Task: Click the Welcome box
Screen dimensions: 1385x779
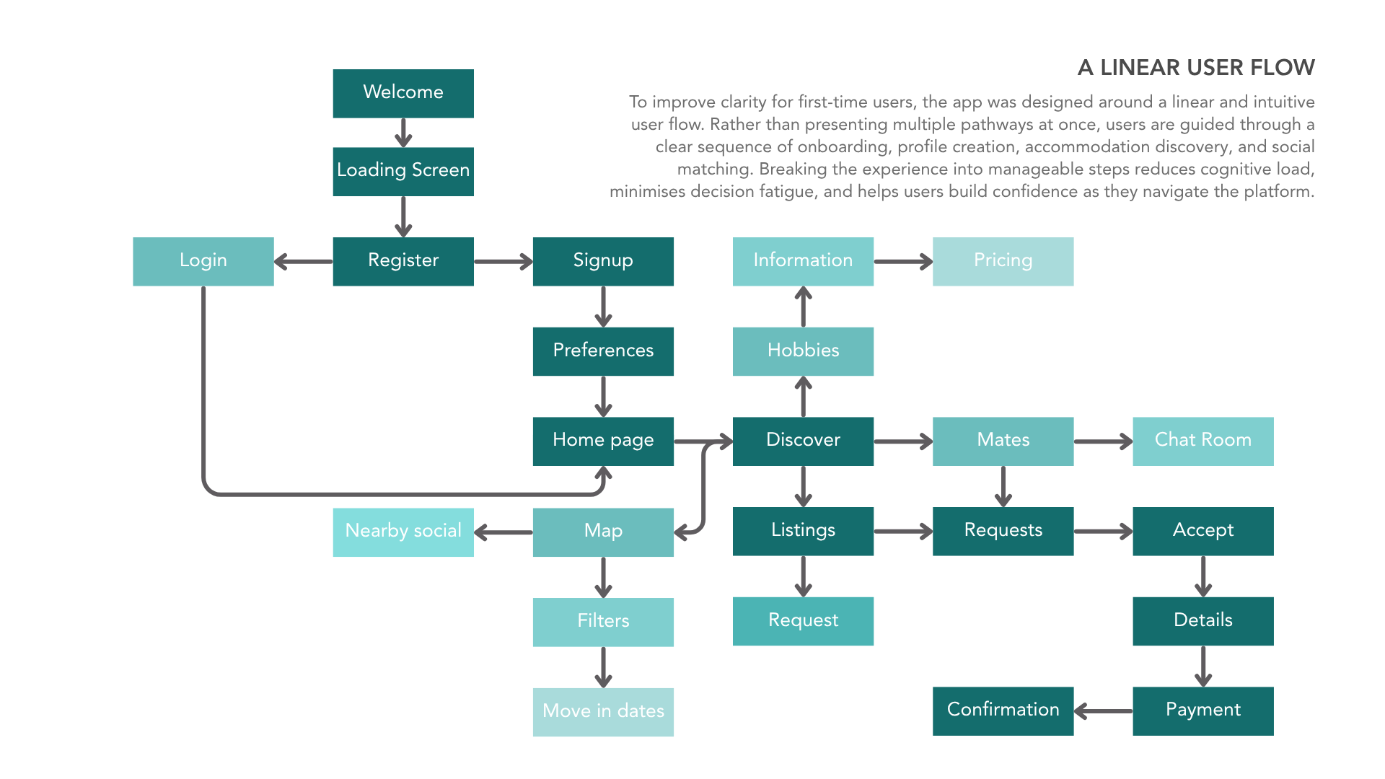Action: (x=403, y=93)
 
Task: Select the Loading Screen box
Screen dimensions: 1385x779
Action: (x=403, y=172)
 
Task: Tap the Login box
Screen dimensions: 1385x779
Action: (x=203, y=261)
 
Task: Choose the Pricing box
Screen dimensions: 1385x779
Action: (x=1003, y=261)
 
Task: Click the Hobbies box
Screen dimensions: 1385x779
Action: (x=803, y=351)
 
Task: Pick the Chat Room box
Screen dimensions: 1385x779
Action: (x=1203, y=441)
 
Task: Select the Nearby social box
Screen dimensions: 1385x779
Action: (x=403, y=532)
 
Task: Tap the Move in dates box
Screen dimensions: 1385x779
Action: (x=603, y=712)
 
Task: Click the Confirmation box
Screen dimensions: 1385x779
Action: (x=1003, y=711)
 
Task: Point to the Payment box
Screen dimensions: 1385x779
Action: (x=1203, y=711)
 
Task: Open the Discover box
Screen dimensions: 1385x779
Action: (x=803, y=441)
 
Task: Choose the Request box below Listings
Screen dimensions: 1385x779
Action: (x=803, y=621)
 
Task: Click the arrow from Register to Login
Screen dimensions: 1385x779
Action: (x=304, y=261)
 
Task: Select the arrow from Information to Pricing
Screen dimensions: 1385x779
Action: (x=903, y=261)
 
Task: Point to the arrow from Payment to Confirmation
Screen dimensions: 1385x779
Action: (x=1103, y=711)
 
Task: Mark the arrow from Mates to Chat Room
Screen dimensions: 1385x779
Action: (x=1103, y=441)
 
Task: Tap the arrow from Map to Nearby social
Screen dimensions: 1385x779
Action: (x=504, y=532)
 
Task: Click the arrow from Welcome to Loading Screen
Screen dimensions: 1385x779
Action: (x=403, y=133)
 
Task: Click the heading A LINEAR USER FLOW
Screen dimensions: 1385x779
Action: (x=1196, y=68)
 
